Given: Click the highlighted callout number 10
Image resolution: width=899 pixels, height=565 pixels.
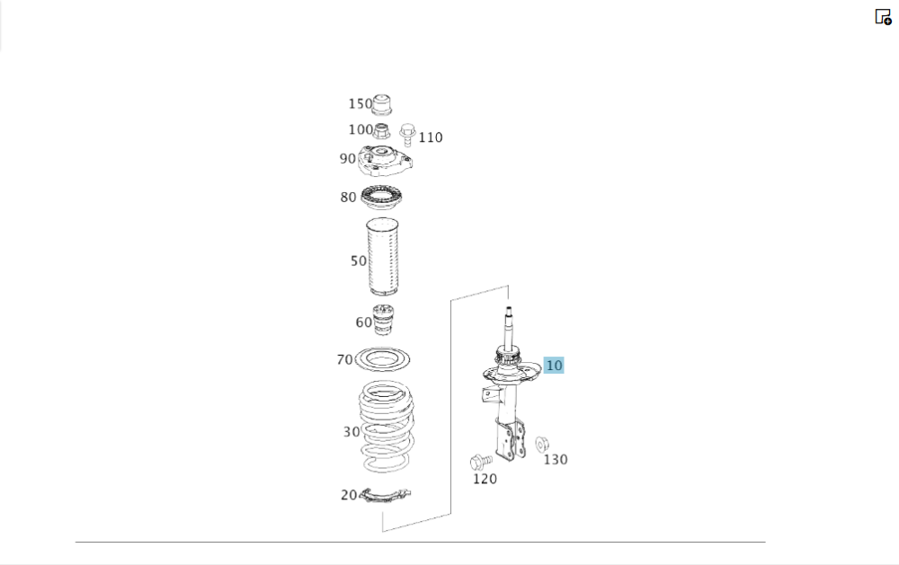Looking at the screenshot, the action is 554,365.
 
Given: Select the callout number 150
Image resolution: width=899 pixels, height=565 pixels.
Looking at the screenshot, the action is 360,103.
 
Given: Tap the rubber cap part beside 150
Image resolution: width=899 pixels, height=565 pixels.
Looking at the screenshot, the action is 382,103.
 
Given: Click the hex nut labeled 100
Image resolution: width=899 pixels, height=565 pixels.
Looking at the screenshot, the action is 381,131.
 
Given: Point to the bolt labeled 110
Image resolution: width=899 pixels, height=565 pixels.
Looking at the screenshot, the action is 407,134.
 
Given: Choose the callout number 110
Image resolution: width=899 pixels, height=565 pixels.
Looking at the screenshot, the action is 431,137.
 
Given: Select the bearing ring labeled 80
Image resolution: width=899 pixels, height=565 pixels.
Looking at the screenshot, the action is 381,198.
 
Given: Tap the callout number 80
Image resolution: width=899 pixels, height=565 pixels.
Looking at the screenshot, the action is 348,198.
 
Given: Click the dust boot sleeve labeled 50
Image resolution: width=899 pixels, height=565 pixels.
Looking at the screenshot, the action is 382,257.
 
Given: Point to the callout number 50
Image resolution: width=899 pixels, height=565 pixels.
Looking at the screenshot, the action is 359,261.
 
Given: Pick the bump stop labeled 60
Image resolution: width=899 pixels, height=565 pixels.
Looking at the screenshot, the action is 384,320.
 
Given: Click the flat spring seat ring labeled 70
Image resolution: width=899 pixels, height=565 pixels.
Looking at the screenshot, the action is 382,360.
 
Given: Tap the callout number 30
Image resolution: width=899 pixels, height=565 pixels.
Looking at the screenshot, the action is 352,432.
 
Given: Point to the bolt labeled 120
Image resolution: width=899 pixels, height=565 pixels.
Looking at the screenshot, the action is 480,462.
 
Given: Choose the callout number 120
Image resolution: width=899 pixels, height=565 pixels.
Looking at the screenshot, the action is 485,479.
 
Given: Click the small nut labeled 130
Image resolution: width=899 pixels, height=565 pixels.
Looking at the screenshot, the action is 542,444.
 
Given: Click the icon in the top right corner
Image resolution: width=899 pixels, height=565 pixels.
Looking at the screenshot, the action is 883,16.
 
